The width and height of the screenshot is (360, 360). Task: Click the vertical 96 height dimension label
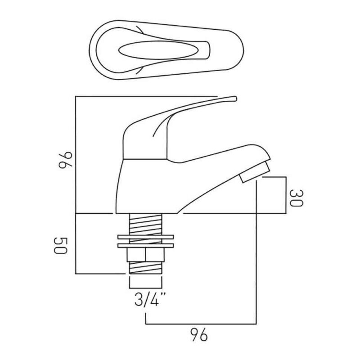pyautogui.click(x=65, y=160)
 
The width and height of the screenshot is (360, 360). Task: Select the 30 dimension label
pyautogui.click(x=297, y=198)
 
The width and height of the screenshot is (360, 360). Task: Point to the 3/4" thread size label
pyautogui.click(x=147, y=300)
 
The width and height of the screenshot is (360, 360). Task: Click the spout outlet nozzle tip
pyautogui.click(x=254, y=172)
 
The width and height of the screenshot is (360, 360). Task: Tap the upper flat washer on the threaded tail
pyautogui.click(x=145, y=237)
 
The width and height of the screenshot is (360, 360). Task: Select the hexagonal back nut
pyautogui.click(x=145, y=255)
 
